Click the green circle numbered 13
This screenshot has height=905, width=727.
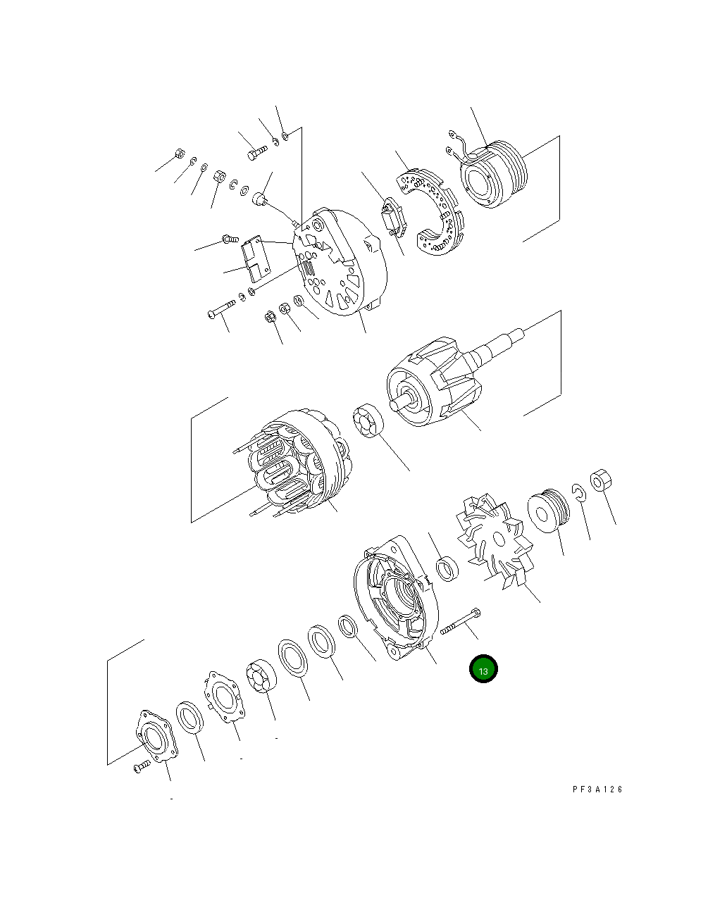tap(484, 670)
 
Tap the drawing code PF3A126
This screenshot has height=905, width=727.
tap(597, 789)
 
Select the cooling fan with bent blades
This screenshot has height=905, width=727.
tap(494, 539)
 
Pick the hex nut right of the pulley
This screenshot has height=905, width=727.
tap(600, 482)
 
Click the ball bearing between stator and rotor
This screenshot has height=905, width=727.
tap(366, 420)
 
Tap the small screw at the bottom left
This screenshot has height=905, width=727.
tap(142, 766)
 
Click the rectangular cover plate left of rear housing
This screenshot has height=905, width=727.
tap(256, 258)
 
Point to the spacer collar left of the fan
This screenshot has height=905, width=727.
tap(447, 568)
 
